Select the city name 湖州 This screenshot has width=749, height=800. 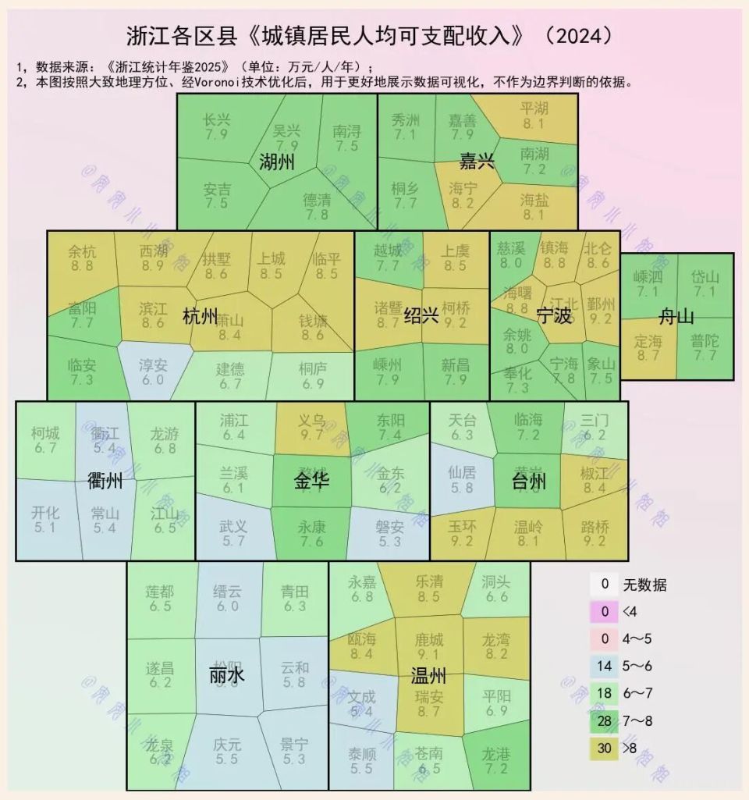click(277, 162)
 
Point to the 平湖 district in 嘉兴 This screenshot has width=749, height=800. click(534, 115)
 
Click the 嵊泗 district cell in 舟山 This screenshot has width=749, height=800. click(648, 283)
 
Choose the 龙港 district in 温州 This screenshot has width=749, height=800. click(495, 760)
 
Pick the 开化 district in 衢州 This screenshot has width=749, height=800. click(45, 519)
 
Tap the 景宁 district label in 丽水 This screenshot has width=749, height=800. click(295, 751)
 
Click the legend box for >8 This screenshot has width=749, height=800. click(605, 748)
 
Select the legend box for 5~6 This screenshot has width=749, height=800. click(605, 666)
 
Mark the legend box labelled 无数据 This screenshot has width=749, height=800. click(605, 584)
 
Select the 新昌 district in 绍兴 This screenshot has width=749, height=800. click(455, 372)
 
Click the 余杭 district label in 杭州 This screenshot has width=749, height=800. click(81, 258)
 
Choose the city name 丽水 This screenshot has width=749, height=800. click(227, 674)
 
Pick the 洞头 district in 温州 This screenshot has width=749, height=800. click(495, 589)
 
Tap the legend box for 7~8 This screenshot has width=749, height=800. click(605, 720)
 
